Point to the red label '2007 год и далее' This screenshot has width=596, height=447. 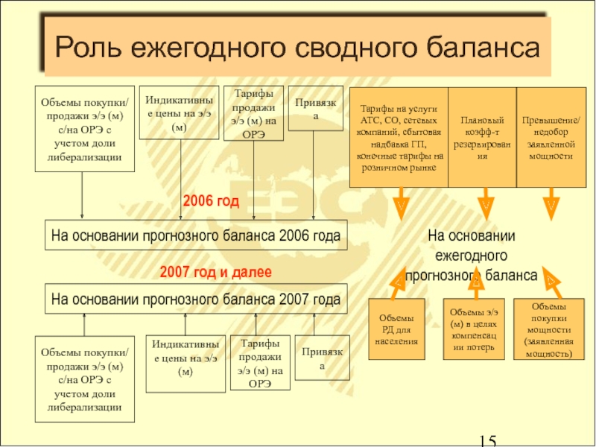click(216, 273)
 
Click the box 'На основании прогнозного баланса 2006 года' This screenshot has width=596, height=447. click(196, 235)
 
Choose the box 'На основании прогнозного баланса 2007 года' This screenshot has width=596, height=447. click(196, 299)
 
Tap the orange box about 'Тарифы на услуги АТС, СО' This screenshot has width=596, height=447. click(399, 137)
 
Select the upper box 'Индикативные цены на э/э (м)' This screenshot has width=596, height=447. click(179, 113)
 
